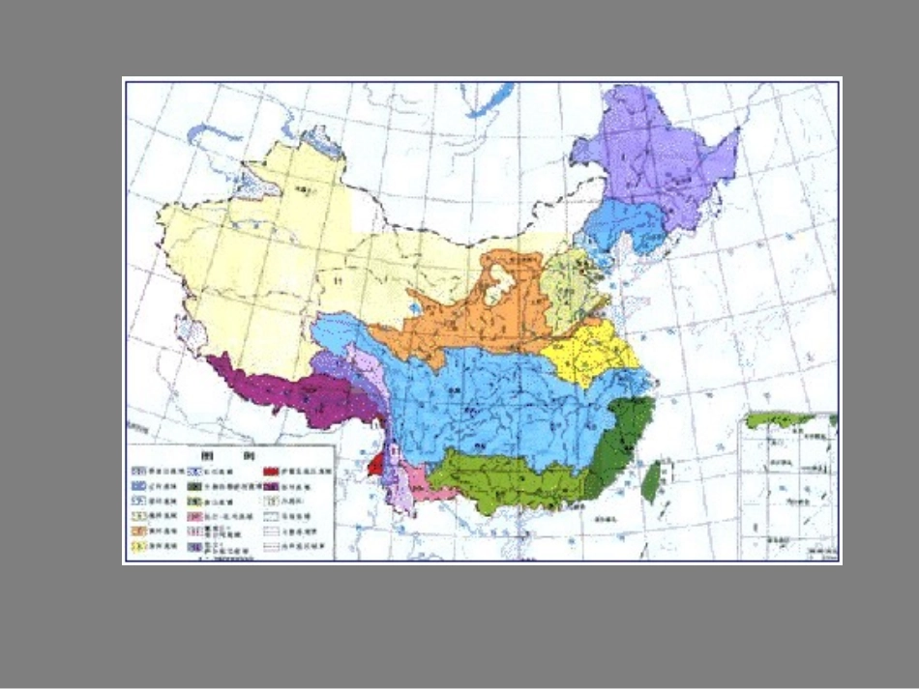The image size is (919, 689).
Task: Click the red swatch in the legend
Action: tap(271, 471)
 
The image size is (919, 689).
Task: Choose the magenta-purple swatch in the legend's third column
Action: tap(271, 487)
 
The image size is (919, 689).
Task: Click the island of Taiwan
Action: tap(652, 480)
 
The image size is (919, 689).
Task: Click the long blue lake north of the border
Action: tap(489, 100)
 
